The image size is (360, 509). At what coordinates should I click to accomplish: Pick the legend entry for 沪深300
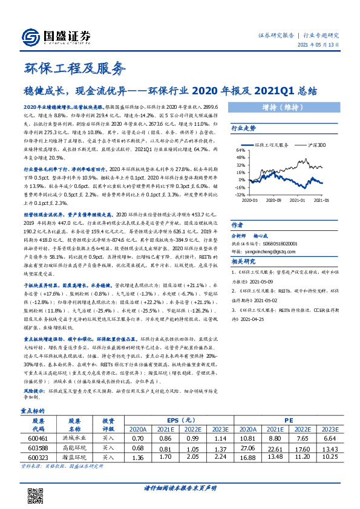313,145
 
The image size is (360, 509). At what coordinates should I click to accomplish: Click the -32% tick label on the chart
240,195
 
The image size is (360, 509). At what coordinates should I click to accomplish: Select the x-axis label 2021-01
297,200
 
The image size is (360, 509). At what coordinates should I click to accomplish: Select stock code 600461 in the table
38,437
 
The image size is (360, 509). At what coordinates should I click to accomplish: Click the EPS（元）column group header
181,420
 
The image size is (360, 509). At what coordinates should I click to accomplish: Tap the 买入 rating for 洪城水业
108,437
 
